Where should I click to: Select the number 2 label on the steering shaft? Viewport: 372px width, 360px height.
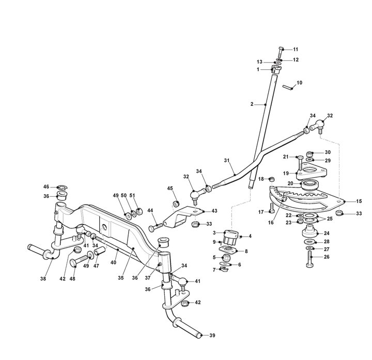[252, 104]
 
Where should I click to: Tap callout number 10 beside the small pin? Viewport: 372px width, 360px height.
[299, 83]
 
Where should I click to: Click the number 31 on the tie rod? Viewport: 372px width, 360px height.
[226, 161]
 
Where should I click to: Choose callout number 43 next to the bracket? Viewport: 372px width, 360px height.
[214, 211]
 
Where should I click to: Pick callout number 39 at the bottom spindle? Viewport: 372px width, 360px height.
[212, 336]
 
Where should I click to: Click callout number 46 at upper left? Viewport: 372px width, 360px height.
[47, 186]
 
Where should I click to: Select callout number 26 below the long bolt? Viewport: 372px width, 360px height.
[326, 256]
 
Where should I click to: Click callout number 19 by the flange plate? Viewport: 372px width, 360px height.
[286, 174]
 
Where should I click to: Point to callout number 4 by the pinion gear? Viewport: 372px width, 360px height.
[250, 237]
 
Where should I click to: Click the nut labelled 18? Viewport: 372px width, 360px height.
[272, 179]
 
